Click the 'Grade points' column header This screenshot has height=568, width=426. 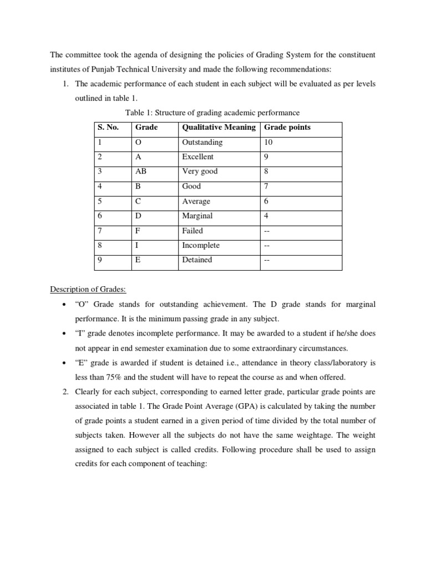point(287,127)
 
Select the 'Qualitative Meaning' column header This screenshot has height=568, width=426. point(219,127)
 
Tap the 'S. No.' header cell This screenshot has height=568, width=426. point(108,127)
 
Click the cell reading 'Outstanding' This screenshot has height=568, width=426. point(202,142)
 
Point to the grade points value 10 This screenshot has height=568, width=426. point(268,142)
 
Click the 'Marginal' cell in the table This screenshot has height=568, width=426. point(197,216)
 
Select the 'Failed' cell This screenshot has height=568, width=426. point(192,230)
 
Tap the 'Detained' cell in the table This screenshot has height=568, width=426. point(197,260)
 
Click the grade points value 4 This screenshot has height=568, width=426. point(266,216)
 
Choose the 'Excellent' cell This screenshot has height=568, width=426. point(197,156)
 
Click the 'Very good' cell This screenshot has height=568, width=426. point(200,171)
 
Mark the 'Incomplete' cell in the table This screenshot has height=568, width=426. point(201,245)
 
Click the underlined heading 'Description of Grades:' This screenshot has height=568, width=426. point(88,289)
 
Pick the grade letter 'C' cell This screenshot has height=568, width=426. point(138,201)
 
